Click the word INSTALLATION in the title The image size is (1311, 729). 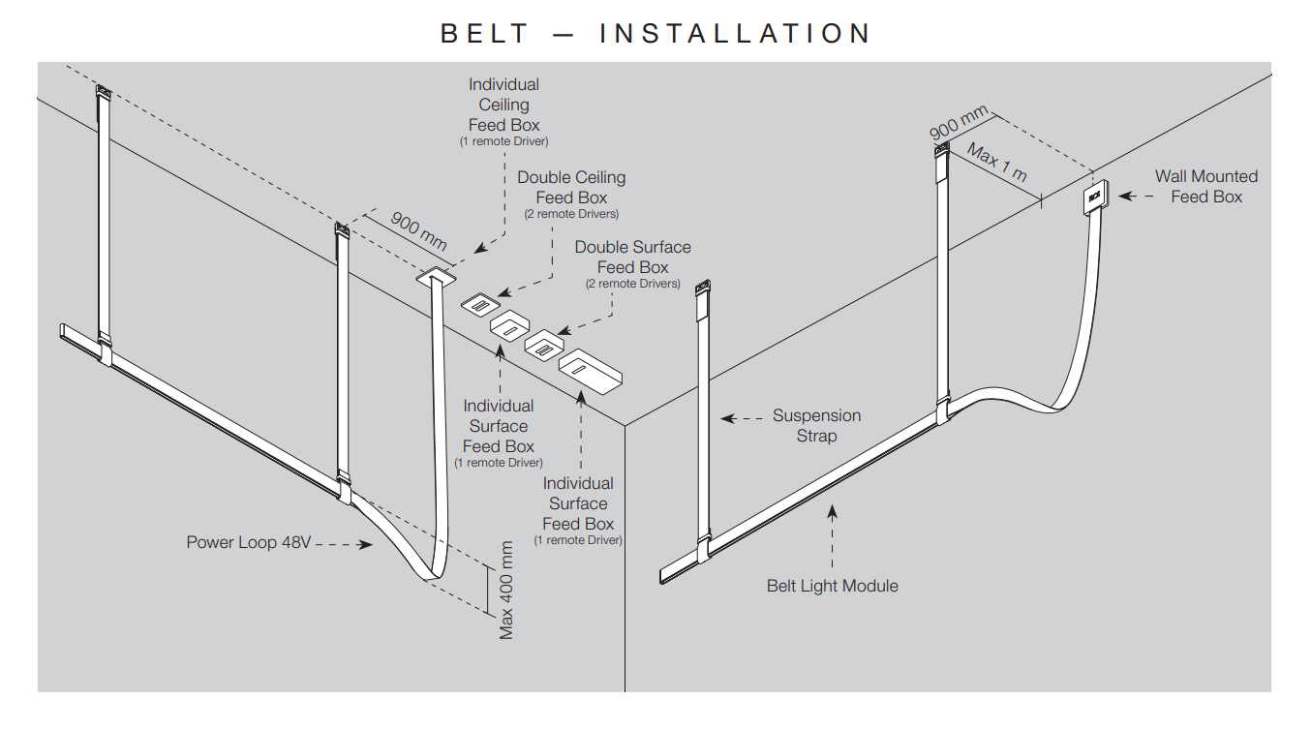pos(736,34)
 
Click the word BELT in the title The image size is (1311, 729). pos(486,34)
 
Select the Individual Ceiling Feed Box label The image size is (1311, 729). pos(503,105)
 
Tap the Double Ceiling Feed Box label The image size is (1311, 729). pos(571,187)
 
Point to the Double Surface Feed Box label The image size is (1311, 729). pos(632,257)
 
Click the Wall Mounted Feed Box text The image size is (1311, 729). pos(1205,186)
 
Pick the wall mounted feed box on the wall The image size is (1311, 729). pos(1095,197)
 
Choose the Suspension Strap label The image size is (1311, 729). pos(816,425)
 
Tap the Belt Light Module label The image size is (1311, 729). pos(832,586)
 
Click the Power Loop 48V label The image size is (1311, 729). pos(249,542)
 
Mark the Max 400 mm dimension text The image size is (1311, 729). pos(506,590)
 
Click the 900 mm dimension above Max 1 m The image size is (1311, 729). pos(959,121)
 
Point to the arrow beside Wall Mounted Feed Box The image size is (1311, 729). pos(1135,196)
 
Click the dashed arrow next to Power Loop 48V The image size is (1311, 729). pos(345,544)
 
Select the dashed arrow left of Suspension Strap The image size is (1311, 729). pos(742,419)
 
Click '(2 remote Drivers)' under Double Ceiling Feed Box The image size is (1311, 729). pos(571,214)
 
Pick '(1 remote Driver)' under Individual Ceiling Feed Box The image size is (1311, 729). pos(503,141)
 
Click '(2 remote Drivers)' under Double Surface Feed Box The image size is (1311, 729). pos(632,284)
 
